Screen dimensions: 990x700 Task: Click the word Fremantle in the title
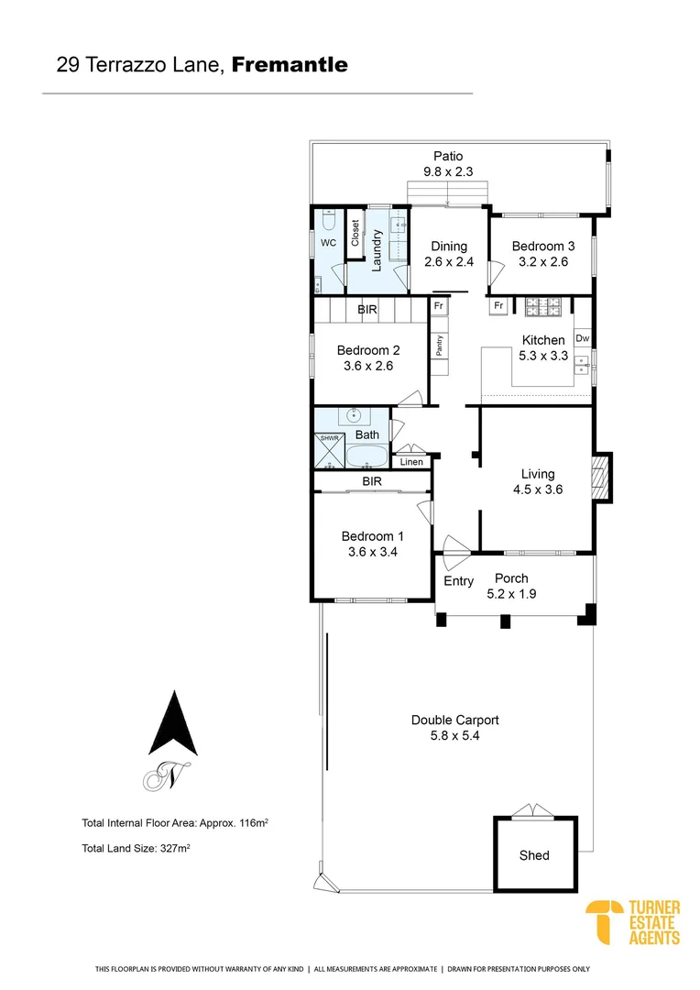pos(290,65)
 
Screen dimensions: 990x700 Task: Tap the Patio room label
pos(448,157)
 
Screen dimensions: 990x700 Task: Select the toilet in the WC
pos(328,223)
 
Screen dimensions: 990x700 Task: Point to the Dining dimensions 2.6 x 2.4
pos(448,262)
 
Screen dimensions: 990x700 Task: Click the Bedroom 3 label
pos(543,246)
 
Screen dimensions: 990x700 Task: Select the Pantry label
pos(440,346)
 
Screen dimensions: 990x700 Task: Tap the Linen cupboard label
pos(411,462)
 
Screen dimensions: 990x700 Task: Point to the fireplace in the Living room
pos(600,478)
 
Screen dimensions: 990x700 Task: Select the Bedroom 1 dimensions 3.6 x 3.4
pos(372,552)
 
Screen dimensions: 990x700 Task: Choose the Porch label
pos(511,578)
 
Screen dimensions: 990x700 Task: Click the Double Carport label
pos(454,720)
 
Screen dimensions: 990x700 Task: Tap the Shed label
pos(534,855)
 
